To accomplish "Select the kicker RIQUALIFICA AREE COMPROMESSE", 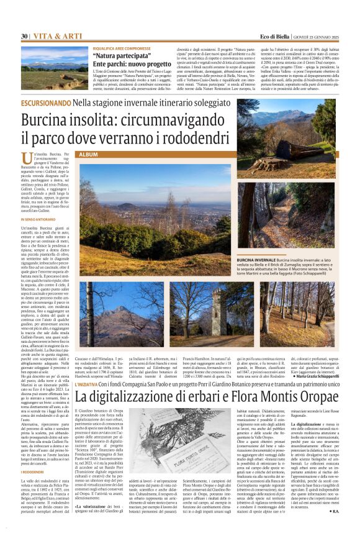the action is [x=121, y=48].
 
